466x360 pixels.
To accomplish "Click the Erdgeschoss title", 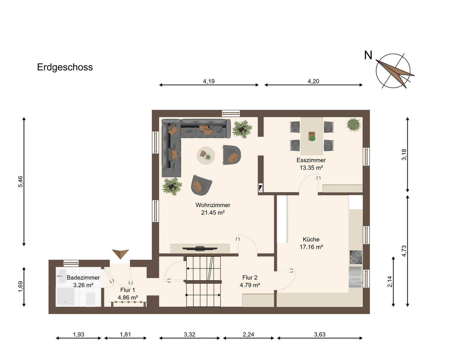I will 65,67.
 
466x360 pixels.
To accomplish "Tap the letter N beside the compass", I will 368,55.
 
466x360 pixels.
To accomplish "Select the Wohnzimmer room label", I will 213,205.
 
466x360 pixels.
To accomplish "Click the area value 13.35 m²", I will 311,168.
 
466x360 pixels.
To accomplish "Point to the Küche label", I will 311,239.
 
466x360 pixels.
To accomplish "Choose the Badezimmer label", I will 83,277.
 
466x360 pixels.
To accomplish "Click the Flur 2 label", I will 250,277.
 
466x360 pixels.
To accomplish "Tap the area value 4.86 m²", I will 128,297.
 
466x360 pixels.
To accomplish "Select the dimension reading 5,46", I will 20,182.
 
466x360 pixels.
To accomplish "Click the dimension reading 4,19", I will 209,81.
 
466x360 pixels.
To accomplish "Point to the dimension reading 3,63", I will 319,334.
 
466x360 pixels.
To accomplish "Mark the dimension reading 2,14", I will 390,281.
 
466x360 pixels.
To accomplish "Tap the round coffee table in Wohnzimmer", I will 206,155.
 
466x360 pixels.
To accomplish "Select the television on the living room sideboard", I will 199,248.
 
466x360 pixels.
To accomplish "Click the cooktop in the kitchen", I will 356,257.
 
